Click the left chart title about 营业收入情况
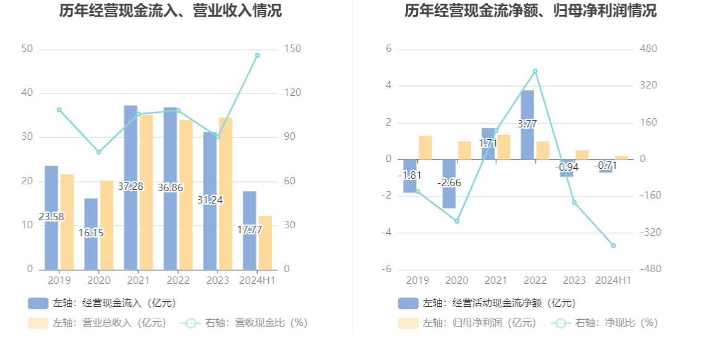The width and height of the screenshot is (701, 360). pos(171,11)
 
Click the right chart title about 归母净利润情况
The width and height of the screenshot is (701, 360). pos(530,11)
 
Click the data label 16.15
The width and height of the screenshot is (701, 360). pos(91,233)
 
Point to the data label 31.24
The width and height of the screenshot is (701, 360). pos(209,200)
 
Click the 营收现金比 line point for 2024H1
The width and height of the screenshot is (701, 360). pos(257,55)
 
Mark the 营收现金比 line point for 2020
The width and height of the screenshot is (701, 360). pos(99,152)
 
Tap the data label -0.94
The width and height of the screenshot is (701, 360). pos(566,167)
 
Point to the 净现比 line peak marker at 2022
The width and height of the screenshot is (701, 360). pos(535,71)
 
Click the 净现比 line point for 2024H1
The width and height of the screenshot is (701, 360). pos(613,246)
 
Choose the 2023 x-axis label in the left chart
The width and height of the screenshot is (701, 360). pos(217,281)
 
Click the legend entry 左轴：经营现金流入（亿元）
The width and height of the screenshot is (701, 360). pos(102,303)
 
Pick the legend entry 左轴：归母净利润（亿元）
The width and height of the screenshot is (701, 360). pos(467,322)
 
